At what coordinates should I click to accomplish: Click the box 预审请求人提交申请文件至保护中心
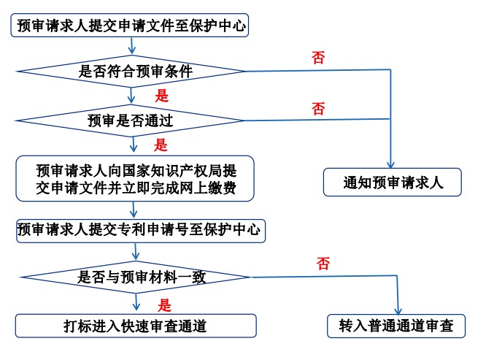point(130,27)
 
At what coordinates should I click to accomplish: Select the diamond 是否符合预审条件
point(131,71)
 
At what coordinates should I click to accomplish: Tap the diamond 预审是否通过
point(131,118)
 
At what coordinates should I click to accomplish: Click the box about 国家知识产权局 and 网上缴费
point(135,178)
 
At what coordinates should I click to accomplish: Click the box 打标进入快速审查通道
point(136,326)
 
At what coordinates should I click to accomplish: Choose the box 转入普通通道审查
point(396,326)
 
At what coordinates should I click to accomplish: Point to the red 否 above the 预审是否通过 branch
point(318,110)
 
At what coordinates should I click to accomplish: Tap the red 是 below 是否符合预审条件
point(162,95)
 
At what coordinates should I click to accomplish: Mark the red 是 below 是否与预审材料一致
point(165,305)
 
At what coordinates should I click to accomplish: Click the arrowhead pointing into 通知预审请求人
point(392,165)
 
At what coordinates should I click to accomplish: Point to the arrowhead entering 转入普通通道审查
point(399,310)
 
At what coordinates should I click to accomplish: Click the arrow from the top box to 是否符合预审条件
point(131,47)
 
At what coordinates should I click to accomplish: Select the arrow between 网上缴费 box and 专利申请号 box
point(134,210)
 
